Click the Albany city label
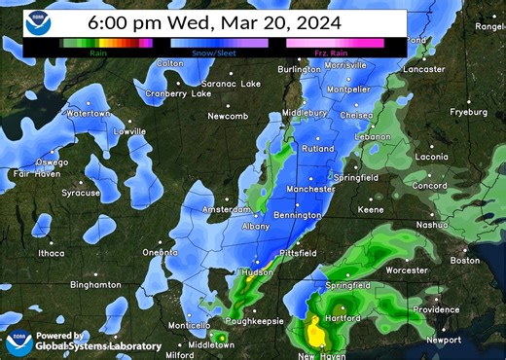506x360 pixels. point(256,226)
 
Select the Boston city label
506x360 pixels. point(465,261)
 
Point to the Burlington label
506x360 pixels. point(300,70)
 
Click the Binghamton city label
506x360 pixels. point(95,284)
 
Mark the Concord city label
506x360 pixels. point(429,186)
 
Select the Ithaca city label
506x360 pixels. point(51,253)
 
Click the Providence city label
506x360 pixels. point(435,309)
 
